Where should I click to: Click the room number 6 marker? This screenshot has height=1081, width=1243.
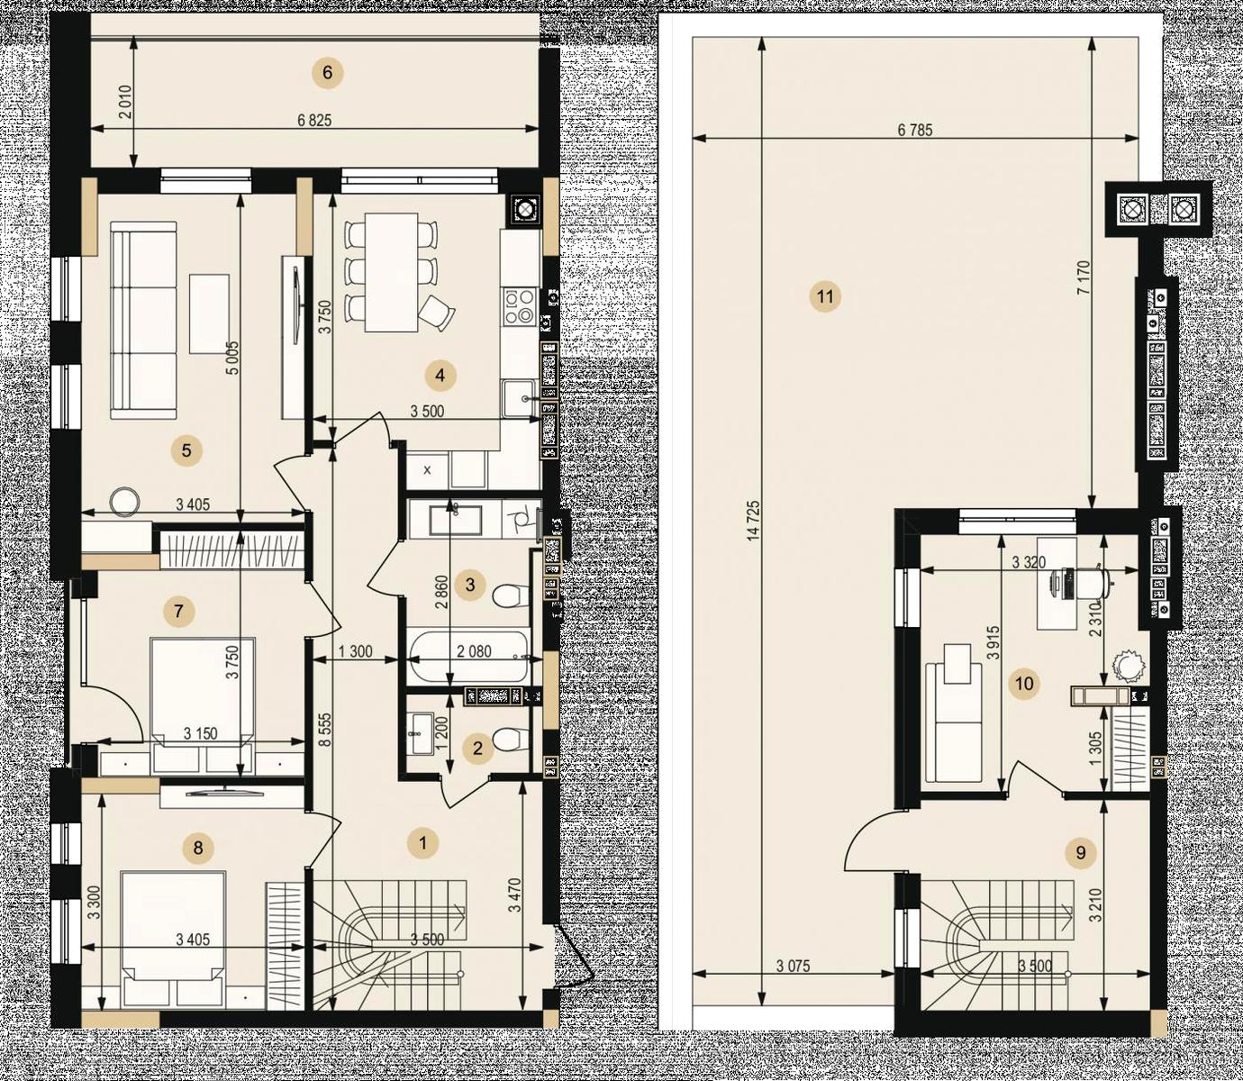point(328,73)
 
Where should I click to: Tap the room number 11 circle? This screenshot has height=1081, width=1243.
point(825,297)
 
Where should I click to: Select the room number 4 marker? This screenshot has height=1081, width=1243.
point(440,376)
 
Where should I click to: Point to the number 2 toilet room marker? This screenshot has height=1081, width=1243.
point(477,748)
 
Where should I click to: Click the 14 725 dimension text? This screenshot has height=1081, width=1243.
point(754,520)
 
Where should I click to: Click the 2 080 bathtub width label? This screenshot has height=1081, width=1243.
point(474,652)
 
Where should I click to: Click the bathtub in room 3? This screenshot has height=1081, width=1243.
point(469,658)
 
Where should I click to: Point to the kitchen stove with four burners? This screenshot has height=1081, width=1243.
point(518,306)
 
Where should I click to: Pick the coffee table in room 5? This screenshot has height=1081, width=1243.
point(209,313)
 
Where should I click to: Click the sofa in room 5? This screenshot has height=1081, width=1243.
point(143,320)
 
